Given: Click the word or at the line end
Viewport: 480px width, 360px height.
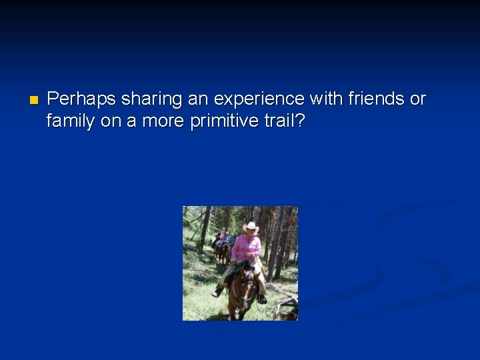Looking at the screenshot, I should (417, 99).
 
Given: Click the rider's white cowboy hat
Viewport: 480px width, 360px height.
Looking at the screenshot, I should (251, 227).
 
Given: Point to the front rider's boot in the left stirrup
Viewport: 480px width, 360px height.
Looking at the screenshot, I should (217, 292).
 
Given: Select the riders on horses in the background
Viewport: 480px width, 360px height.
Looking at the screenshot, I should (222, 245).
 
